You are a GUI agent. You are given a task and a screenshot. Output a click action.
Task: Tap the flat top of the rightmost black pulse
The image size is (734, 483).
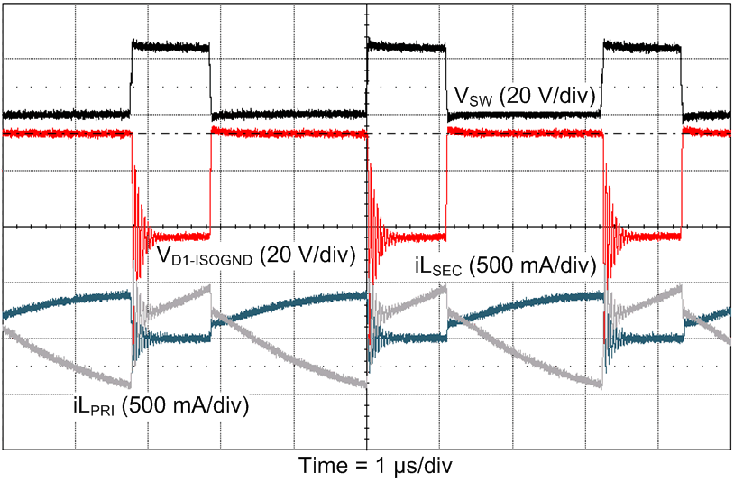coord(642,47)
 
